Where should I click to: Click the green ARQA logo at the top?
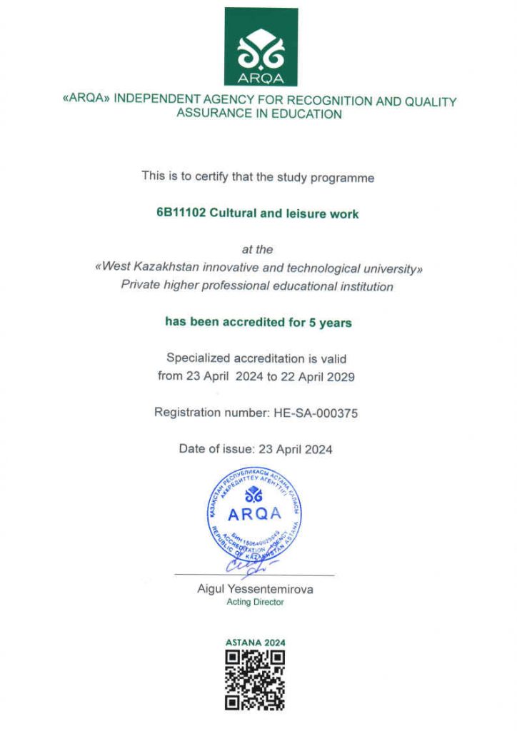coord(261,46)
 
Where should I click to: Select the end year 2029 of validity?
coord(338,376)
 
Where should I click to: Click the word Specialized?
coord(199,358)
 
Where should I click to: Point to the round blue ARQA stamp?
coord(254,514)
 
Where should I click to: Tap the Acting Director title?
coord(255,602)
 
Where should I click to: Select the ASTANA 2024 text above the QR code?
coord(255,642)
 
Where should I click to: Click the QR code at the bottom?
coord(255,680)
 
